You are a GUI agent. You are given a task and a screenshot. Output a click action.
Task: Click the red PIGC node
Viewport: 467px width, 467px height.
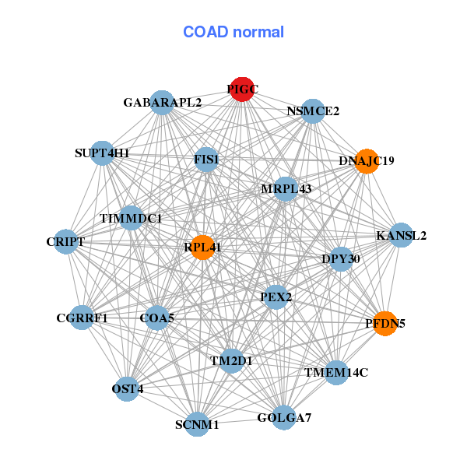coord(242,90)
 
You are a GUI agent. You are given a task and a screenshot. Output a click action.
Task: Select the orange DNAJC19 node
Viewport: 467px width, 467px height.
coord(367,161)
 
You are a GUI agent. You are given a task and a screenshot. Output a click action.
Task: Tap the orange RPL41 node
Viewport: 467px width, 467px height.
coord(202,248)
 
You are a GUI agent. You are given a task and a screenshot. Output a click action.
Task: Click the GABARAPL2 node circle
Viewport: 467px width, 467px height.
coord(161,102)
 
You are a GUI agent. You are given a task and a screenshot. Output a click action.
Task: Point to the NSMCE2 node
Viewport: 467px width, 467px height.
coord(313,111)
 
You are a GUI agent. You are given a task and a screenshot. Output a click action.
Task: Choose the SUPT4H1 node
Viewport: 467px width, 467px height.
coord(103,153)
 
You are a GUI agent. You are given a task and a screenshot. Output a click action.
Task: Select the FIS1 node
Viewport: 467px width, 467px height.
coord(207,160)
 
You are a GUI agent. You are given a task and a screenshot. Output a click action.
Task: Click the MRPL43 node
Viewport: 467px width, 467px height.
coord(286,189)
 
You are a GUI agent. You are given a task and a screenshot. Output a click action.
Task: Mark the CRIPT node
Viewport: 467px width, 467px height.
coord(65,242)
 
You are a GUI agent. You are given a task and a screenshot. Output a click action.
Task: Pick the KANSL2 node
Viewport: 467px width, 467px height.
coord(401,236)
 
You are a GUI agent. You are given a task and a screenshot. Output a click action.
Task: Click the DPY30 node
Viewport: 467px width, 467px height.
coord(341,258)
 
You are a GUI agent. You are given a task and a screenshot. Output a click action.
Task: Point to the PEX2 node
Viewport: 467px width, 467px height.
coord(276,297)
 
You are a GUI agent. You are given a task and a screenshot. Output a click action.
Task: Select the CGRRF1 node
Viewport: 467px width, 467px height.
coord(82,318)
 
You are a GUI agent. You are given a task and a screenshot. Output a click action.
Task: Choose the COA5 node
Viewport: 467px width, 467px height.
coord(156,318)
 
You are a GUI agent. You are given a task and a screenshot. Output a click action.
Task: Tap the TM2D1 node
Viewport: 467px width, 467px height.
coord(231,360)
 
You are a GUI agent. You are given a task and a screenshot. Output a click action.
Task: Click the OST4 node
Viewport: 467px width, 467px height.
coord(128,388)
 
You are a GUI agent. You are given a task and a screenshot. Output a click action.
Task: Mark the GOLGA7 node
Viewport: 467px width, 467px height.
coord(284,418)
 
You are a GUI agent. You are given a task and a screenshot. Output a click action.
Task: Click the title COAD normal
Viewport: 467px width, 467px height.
coord(233,33)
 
